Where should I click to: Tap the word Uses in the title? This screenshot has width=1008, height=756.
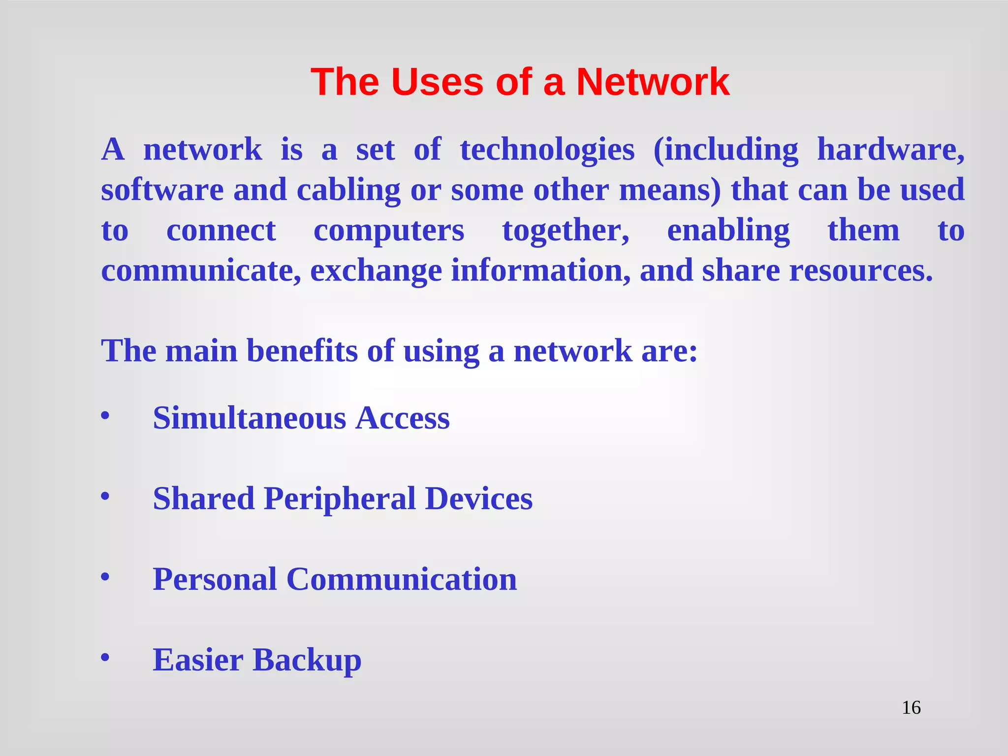pos(438,82)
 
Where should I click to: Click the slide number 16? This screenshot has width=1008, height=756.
pos(911,708)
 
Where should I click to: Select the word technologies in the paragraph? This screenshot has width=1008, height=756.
pos(547,150)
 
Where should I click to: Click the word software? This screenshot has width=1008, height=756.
pos(162,190)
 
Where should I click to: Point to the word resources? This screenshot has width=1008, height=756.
pos(861,271)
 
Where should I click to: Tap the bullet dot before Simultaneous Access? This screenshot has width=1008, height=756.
pos(105,416)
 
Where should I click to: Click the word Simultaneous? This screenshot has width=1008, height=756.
pos(250,418)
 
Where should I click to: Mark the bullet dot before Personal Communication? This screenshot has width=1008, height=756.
pos(105,577)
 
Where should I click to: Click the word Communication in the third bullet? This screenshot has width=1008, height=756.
pos(402,579)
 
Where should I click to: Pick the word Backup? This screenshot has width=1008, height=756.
pos(307,660)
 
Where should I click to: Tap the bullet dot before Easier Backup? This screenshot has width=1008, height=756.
pos(105,658)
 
